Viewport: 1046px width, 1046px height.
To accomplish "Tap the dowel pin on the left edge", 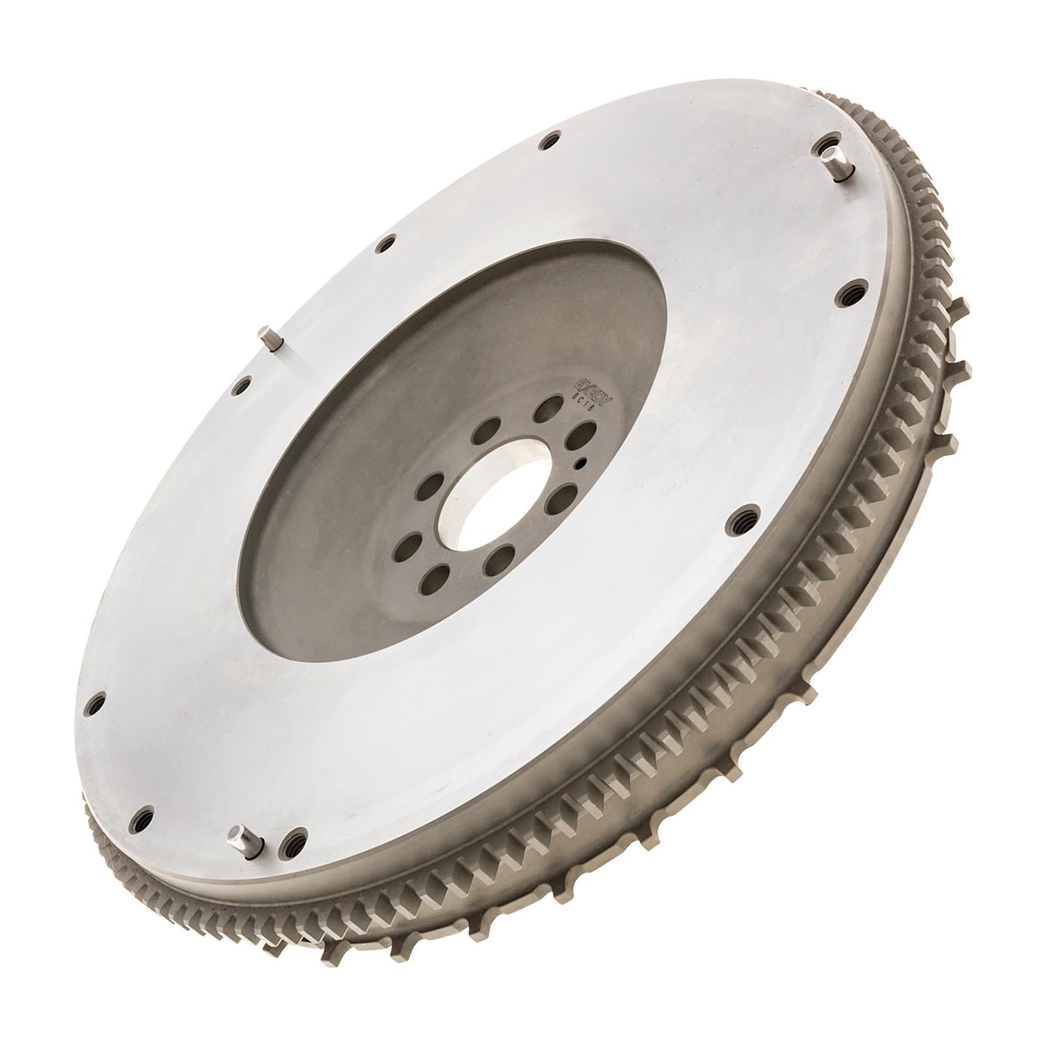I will [x=269, y=338].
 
